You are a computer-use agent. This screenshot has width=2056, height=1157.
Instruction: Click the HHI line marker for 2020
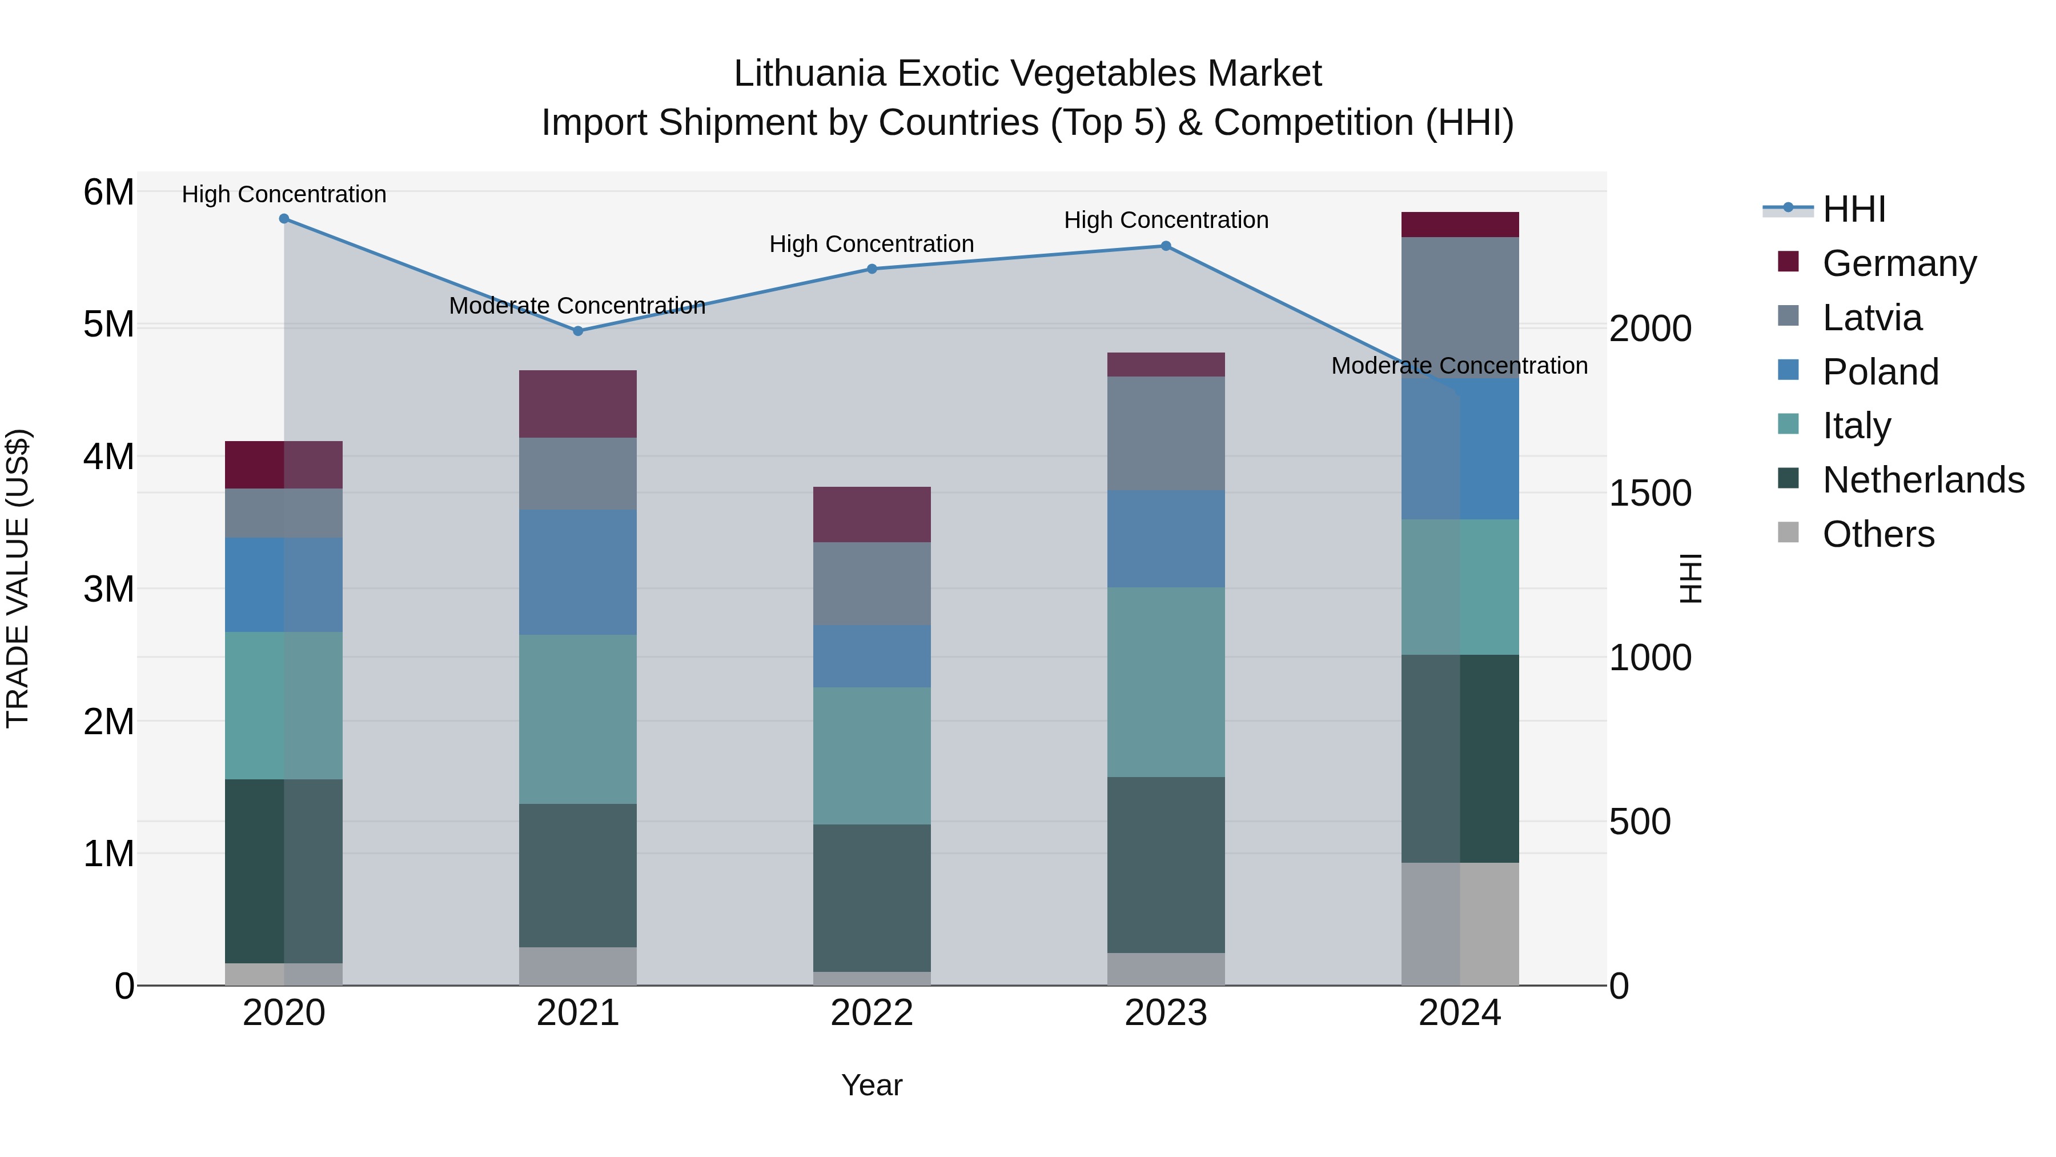coord(284,219)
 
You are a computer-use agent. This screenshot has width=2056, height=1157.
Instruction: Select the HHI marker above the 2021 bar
coord(578,331)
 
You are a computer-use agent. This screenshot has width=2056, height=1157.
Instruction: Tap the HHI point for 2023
coord(1166,246)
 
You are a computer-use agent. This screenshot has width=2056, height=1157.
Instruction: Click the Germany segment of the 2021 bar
coord(578,403)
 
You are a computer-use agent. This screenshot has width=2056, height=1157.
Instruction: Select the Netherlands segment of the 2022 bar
coord(872,898)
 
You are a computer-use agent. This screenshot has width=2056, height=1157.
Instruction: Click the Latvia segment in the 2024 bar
coord(1460,307)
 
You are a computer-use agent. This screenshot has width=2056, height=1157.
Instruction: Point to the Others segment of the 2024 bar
coord(1460,924)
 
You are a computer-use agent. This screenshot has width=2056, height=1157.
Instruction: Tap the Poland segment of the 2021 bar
coord(578,572)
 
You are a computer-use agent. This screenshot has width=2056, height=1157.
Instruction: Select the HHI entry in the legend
coord(1853,209)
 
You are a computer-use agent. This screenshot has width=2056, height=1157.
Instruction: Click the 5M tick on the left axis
coord(109,325)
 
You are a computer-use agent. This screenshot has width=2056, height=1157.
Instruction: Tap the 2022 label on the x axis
coord(872,1013)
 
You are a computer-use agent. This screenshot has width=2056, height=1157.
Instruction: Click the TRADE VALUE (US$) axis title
coord(18,578)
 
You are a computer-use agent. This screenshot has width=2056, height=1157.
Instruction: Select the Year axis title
coord(872,1085)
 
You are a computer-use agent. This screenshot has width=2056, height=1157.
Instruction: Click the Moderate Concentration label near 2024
coord(1459,366)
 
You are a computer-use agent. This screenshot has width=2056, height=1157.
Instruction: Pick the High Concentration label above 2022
coord(872,245)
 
